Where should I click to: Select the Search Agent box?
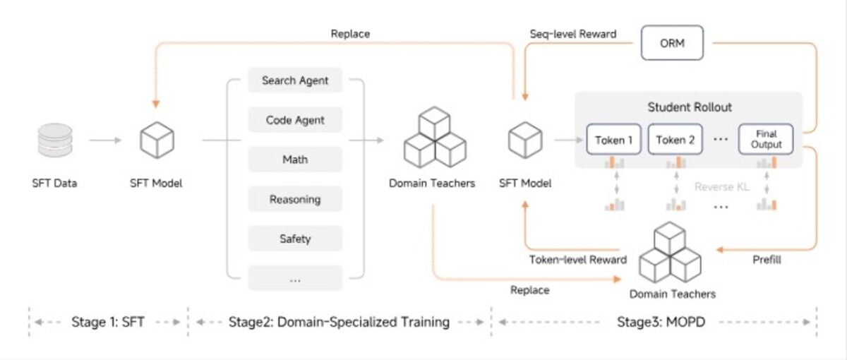pyautogui.click(x=295, y=80)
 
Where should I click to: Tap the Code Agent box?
pyautogui.click(x=295, y=120)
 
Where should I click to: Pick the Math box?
pyautogui.click(x=295, y=160)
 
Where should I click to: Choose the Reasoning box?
pyautogui.click(x=295, y=199)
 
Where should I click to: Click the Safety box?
pyautogui.click(x=295, y=239)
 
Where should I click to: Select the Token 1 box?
pyautogui.click(x=613, y=140)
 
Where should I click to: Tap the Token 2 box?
pyautogui.click(x=675, y=140)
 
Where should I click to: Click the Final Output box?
pyautogui.click(x=766, y=140)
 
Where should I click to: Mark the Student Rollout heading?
pyautogui.click(x=690, y=107)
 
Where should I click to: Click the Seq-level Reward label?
pyautogui.click(x=572, y=34)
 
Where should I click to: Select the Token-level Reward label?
pyautogui.click(x=577, y=259)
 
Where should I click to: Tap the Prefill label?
pyautogui.click(x=766, y=259)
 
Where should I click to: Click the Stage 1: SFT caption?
pyautogui.click(x=108, y=322)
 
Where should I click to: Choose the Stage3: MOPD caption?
pyautogui.click(x=654, y=322)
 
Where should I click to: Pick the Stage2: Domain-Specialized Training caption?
pyautogui.click(x=339, y=322)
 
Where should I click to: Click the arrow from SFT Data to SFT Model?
pyautogui.click(x=105, y=140)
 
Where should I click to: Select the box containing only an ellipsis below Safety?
pyautogui.click(x=295, y=278)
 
